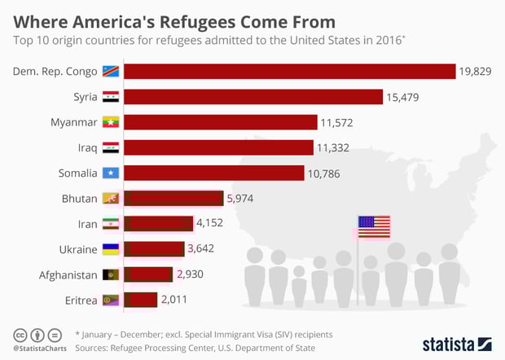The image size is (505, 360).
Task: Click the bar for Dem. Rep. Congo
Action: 290,72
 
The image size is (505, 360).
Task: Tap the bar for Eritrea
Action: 141,300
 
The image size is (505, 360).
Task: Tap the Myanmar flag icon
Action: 111,122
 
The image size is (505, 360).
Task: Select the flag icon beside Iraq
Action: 111,147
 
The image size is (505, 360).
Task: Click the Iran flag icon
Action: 111,223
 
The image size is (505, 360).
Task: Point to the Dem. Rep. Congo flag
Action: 111,72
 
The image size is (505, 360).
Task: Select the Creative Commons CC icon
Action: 20,335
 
